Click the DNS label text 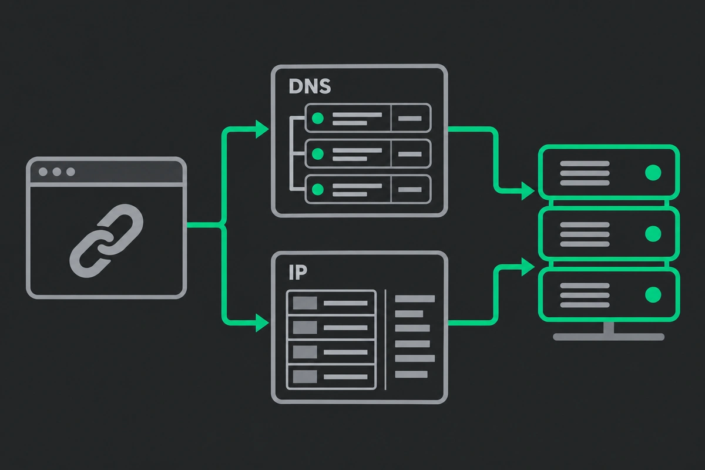(x=310, y=86)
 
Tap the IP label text (x=298, y=273)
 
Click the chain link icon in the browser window (x=106, y=241)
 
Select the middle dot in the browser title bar (x=57, y=172)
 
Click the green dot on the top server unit (x=653, y=173)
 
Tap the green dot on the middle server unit (x=653, y=234)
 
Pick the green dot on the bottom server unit (x=653, y=295)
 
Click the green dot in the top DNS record (x=318, y=118)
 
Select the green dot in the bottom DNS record (x=318, y=190)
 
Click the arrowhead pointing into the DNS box (x=262, y=129)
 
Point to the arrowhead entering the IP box (x=262, y=323)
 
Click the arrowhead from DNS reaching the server (x=528, y=191)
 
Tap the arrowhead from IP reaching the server (x=528, y=267)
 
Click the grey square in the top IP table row (x=305, y=303)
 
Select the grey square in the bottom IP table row (x=305, y=377)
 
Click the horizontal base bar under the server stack (x=609, y=337)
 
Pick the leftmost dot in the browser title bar (x=43, y=172)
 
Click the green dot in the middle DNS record (x=318, y=154)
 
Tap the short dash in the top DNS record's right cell (x=410, y=119)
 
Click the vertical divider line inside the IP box (x=385, y=340)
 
